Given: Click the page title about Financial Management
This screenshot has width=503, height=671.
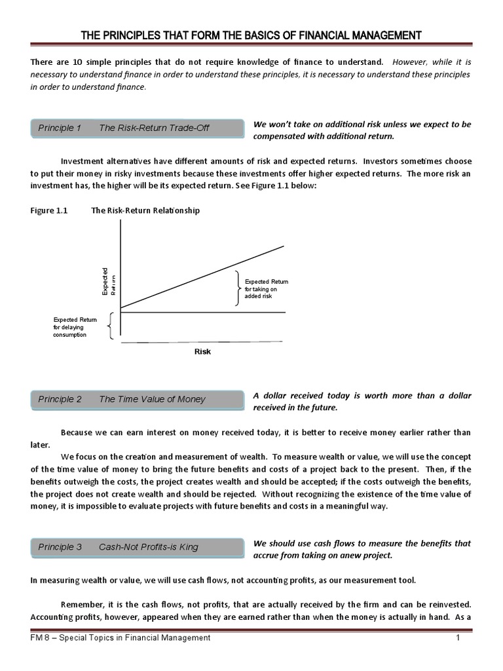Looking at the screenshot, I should [x=251, y=35].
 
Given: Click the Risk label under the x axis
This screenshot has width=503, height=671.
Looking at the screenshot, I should [x=202, y=352].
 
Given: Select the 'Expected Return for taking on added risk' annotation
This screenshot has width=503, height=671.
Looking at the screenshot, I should [x=266, y=289].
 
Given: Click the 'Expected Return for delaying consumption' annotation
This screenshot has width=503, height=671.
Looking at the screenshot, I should [x=75, y=327].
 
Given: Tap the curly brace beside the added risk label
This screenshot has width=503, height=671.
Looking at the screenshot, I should [x=237, y=288].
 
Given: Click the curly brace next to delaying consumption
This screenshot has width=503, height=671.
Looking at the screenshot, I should [x=111, y=326].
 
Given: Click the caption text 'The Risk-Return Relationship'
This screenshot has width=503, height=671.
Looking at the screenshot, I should [x=145, y=211].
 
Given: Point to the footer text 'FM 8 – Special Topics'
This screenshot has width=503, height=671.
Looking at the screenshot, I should [x=121, y=638].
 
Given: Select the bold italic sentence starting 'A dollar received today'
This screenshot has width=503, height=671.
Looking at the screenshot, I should [x=362, y=402].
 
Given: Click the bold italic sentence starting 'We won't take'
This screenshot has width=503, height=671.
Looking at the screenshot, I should [x=362, y=130].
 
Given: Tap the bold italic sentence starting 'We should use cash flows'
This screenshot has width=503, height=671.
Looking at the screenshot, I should [x=362, y=549].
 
